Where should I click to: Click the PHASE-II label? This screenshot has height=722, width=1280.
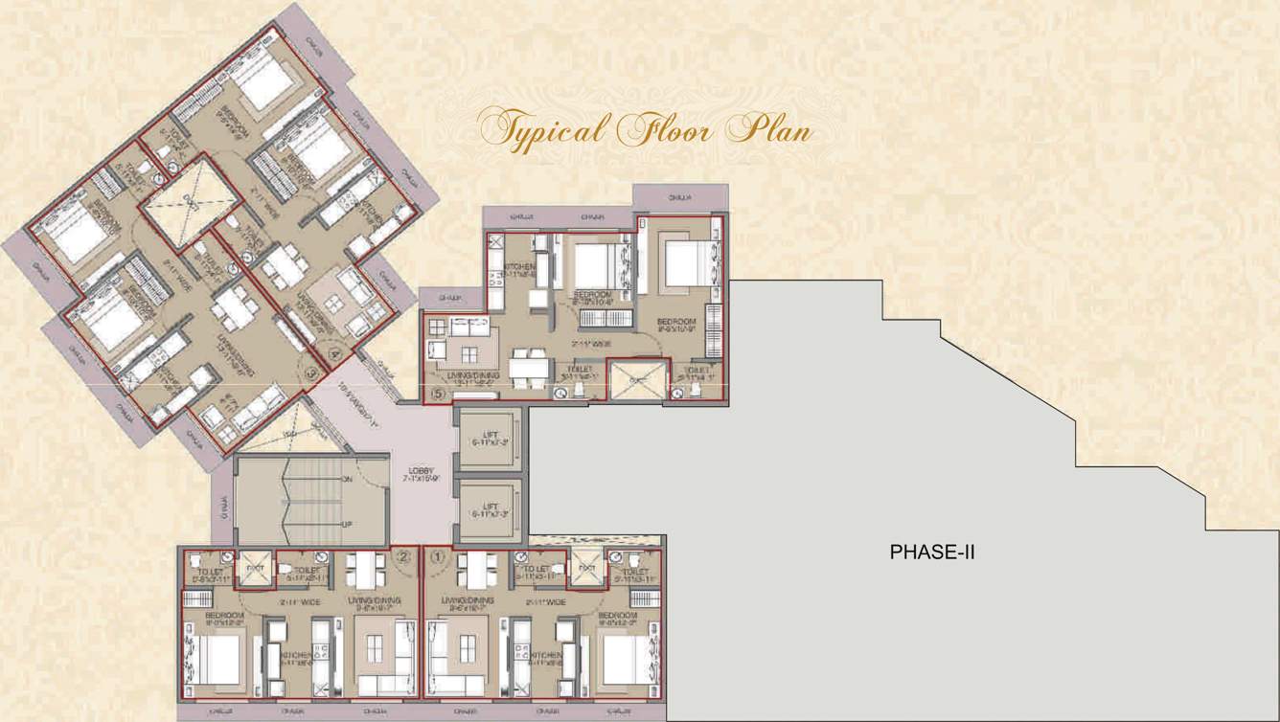(932, 552)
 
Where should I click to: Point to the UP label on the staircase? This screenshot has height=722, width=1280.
(347, 524)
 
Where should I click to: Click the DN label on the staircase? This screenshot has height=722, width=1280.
(347, 479)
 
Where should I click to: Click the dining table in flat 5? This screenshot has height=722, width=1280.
(529, 366)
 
